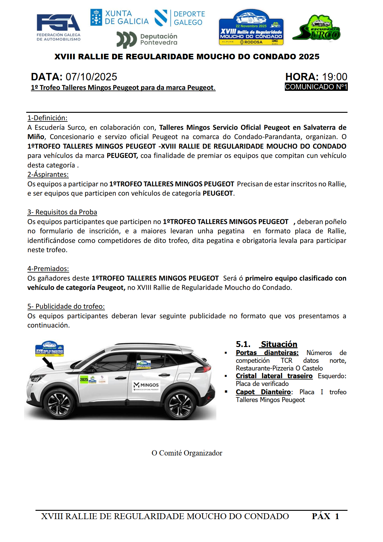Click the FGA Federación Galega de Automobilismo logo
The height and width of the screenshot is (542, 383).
[58, 27]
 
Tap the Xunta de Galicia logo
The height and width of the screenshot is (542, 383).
[119, 18]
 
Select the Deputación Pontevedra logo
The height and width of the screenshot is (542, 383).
[147, 40]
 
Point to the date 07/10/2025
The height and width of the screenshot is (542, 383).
[91, 77]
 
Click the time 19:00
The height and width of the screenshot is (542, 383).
[335, 77]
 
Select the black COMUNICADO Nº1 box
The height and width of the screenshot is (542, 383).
[316, 87]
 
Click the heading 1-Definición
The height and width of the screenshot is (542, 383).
[47, 118]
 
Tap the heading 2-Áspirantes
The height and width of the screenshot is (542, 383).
[48, 174]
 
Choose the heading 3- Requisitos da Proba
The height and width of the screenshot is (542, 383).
[62, 212]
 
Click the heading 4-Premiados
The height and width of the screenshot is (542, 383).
[48, 269]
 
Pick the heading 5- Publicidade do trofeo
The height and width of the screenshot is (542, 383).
[66, 306]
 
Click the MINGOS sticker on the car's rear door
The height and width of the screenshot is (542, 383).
[146, 386]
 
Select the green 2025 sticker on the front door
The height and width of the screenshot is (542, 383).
[84, 379]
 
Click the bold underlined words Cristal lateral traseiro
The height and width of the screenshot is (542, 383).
[274, 376]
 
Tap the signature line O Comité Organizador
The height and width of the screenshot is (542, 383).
[187, 453]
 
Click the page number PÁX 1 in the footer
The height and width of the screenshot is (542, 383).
[325, 516]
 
